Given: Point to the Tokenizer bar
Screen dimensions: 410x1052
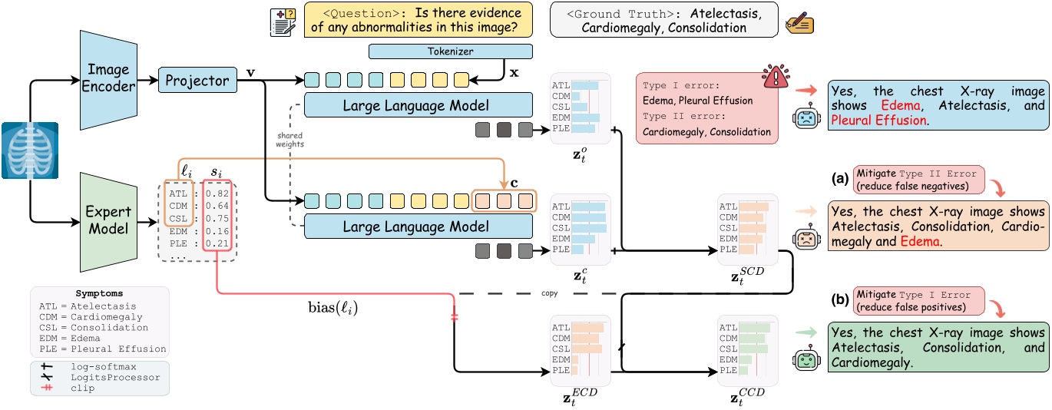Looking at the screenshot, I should point(451,52).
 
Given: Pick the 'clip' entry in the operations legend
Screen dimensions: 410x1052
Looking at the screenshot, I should point(81,389).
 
